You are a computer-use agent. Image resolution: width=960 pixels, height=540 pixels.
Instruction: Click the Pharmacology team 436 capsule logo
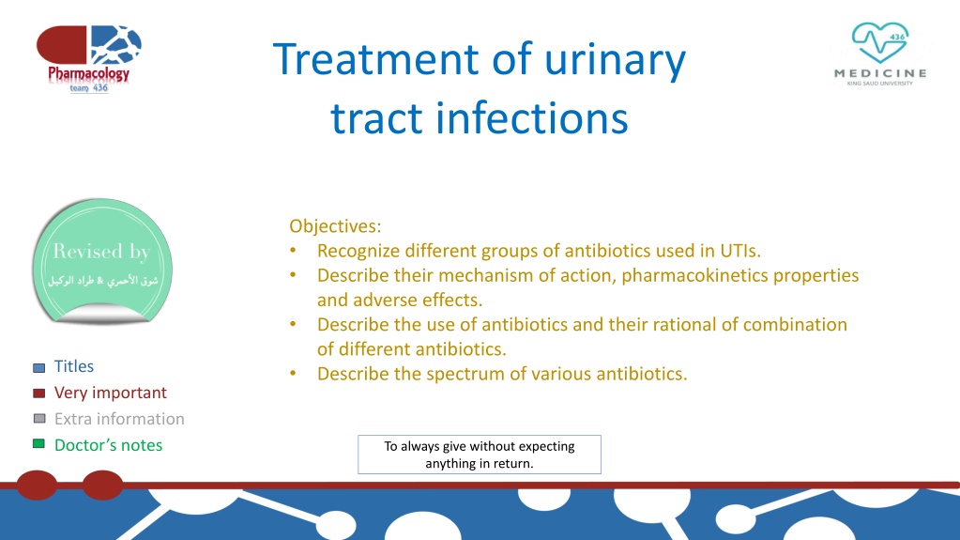(x=89, y=59)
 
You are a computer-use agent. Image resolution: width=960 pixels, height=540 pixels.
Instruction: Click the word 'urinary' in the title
(x=615, y=61)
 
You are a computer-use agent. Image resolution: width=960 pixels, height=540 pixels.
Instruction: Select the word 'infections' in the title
(x=531, y=117)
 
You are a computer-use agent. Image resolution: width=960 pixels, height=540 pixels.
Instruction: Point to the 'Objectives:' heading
(x=335, y=226)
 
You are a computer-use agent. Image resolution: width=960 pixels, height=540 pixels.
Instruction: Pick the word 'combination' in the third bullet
(x=795, y=324)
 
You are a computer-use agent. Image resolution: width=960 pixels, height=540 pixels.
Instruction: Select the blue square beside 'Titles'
(x=38, y=368)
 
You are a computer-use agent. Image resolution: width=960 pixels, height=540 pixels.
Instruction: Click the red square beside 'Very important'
(x=38, y=393)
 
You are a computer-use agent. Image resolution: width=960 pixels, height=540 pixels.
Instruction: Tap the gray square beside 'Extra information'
(x=39, y=419)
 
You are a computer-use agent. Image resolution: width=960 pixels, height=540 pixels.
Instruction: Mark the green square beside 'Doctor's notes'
(x=38, y=444)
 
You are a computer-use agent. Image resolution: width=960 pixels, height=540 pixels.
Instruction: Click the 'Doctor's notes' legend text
(x=108, y=445)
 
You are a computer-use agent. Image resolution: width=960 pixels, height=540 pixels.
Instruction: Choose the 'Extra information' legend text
(x=119, y=419)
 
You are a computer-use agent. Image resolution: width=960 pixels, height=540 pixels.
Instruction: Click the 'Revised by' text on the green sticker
(x=101, y=252)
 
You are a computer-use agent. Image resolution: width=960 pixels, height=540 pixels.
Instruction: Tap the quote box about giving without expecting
(x=480, y=455)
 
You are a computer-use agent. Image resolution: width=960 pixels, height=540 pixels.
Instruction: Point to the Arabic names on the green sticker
(x=102, y=281)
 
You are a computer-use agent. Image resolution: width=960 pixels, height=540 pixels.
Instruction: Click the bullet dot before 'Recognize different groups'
(x=294, y=251)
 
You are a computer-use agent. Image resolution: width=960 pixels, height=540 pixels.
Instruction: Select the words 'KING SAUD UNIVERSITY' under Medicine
(x=880, y=84)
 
